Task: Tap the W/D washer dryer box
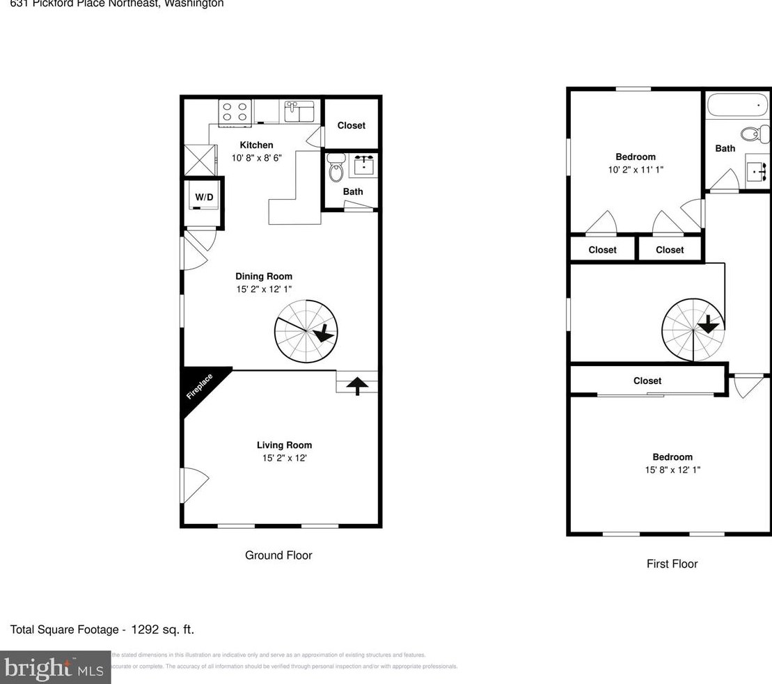pos(204,198)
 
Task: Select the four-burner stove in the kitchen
pos(235,113)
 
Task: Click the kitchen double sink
pos(299,111)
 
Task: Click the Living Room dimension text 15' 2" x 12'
pos(284,458)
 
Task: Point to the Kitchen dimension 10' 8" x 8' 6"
pos(257,158)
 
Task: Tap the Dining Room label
pos(264,276)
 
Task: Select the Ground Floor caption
pos(278,555)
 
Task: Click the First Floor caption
pos(672,564)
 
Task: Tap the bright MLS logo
pos(55,669)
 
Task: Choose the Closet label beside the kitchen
pos(351,125)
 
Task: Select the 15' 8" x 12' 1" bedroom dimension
pos(672,470)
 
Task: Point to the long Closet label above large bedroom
pos(647,381)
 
